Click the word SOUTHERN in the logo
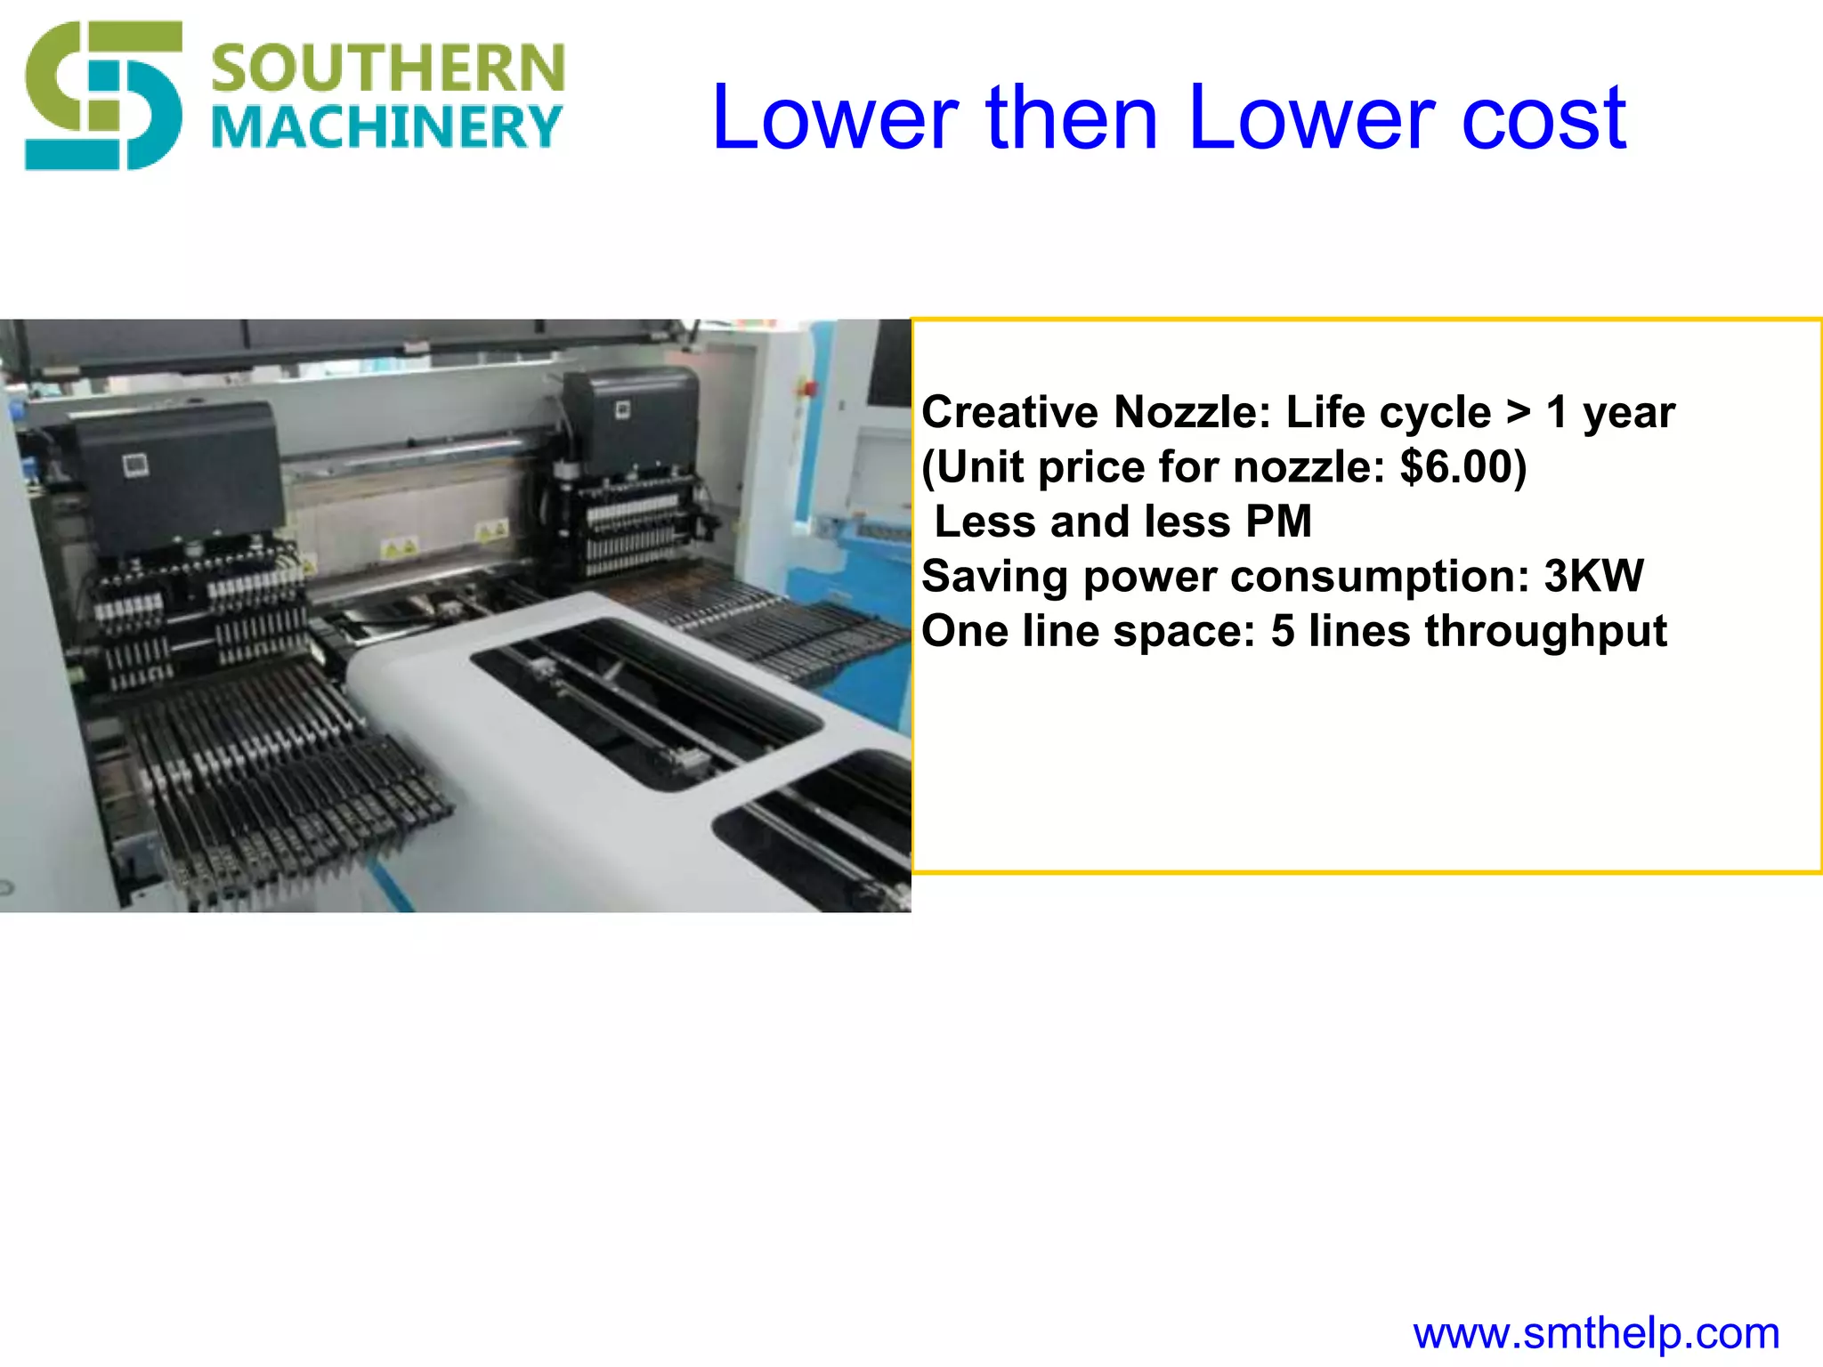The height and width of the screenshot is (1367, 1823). click(388, 69)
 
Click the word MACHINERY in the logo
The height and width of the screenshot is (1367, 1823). click(388, 127)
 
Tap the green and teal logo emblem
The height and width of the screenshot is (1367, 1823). click(102, 95)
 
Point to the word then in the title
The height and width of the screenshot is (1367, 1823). click(1072, 117)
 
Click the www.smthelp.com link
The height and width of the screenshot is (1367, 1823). click(1596, 1333)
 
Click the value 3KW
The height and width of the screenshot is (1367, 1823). click(1593, 576)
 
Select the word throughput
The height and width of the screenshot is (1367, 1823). click(1545, 631)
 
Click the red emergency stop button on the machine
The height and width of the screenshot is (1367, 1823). click(810, 388)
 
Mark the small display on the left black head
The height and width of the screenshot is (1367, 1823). click(136, 465)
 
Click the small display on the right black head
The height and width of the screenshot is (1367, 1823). click(623, 409)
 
